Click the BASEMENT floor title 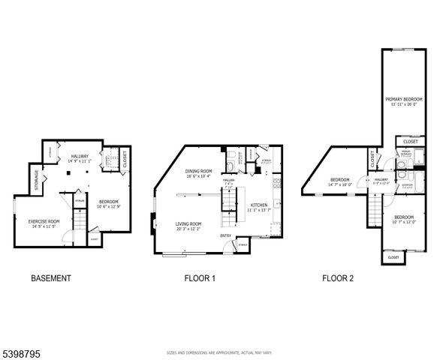51,278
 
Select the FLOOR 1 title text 200,278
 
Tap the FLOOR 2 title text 338,278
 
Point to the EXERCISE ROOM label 44,220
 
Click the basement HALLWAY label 80,156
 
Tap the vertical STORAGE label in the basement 35,180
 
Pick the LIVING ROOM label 188,223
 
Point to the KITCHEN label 259,205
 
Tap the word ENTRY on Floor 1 225,236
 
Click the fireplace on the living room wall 153,220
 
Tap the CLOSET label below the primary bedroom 410,141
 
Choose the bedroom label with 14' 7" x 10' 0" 340,179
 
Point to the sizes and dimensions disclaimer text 219,352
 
